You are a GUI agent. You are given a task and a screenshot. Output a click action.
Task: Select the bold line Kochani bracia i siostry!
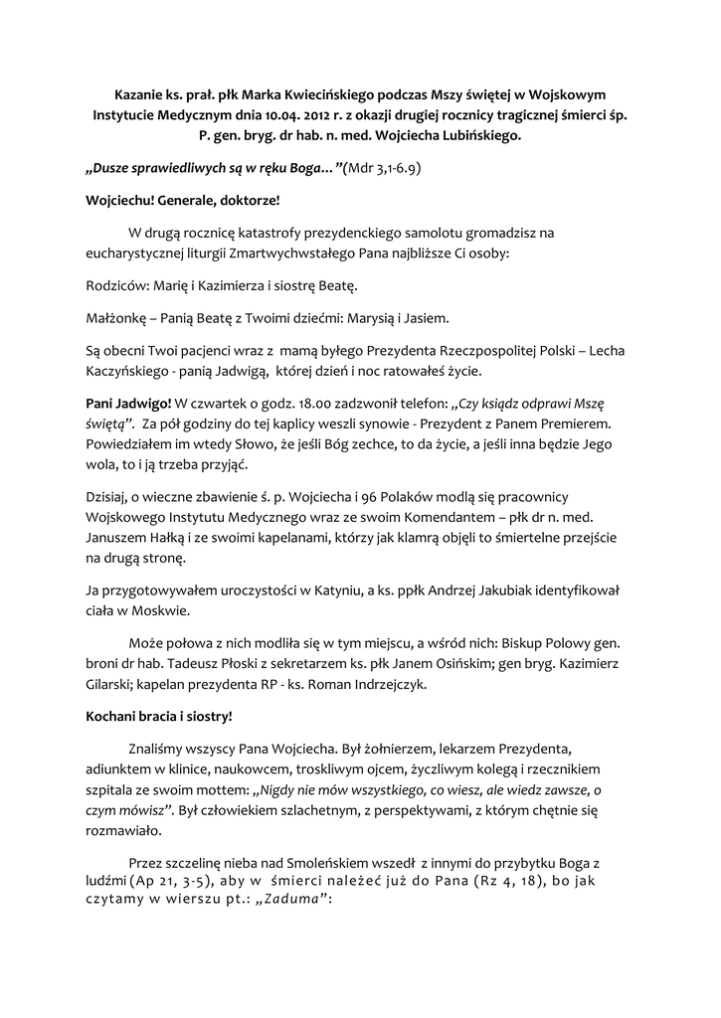(x=159, y=716)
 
